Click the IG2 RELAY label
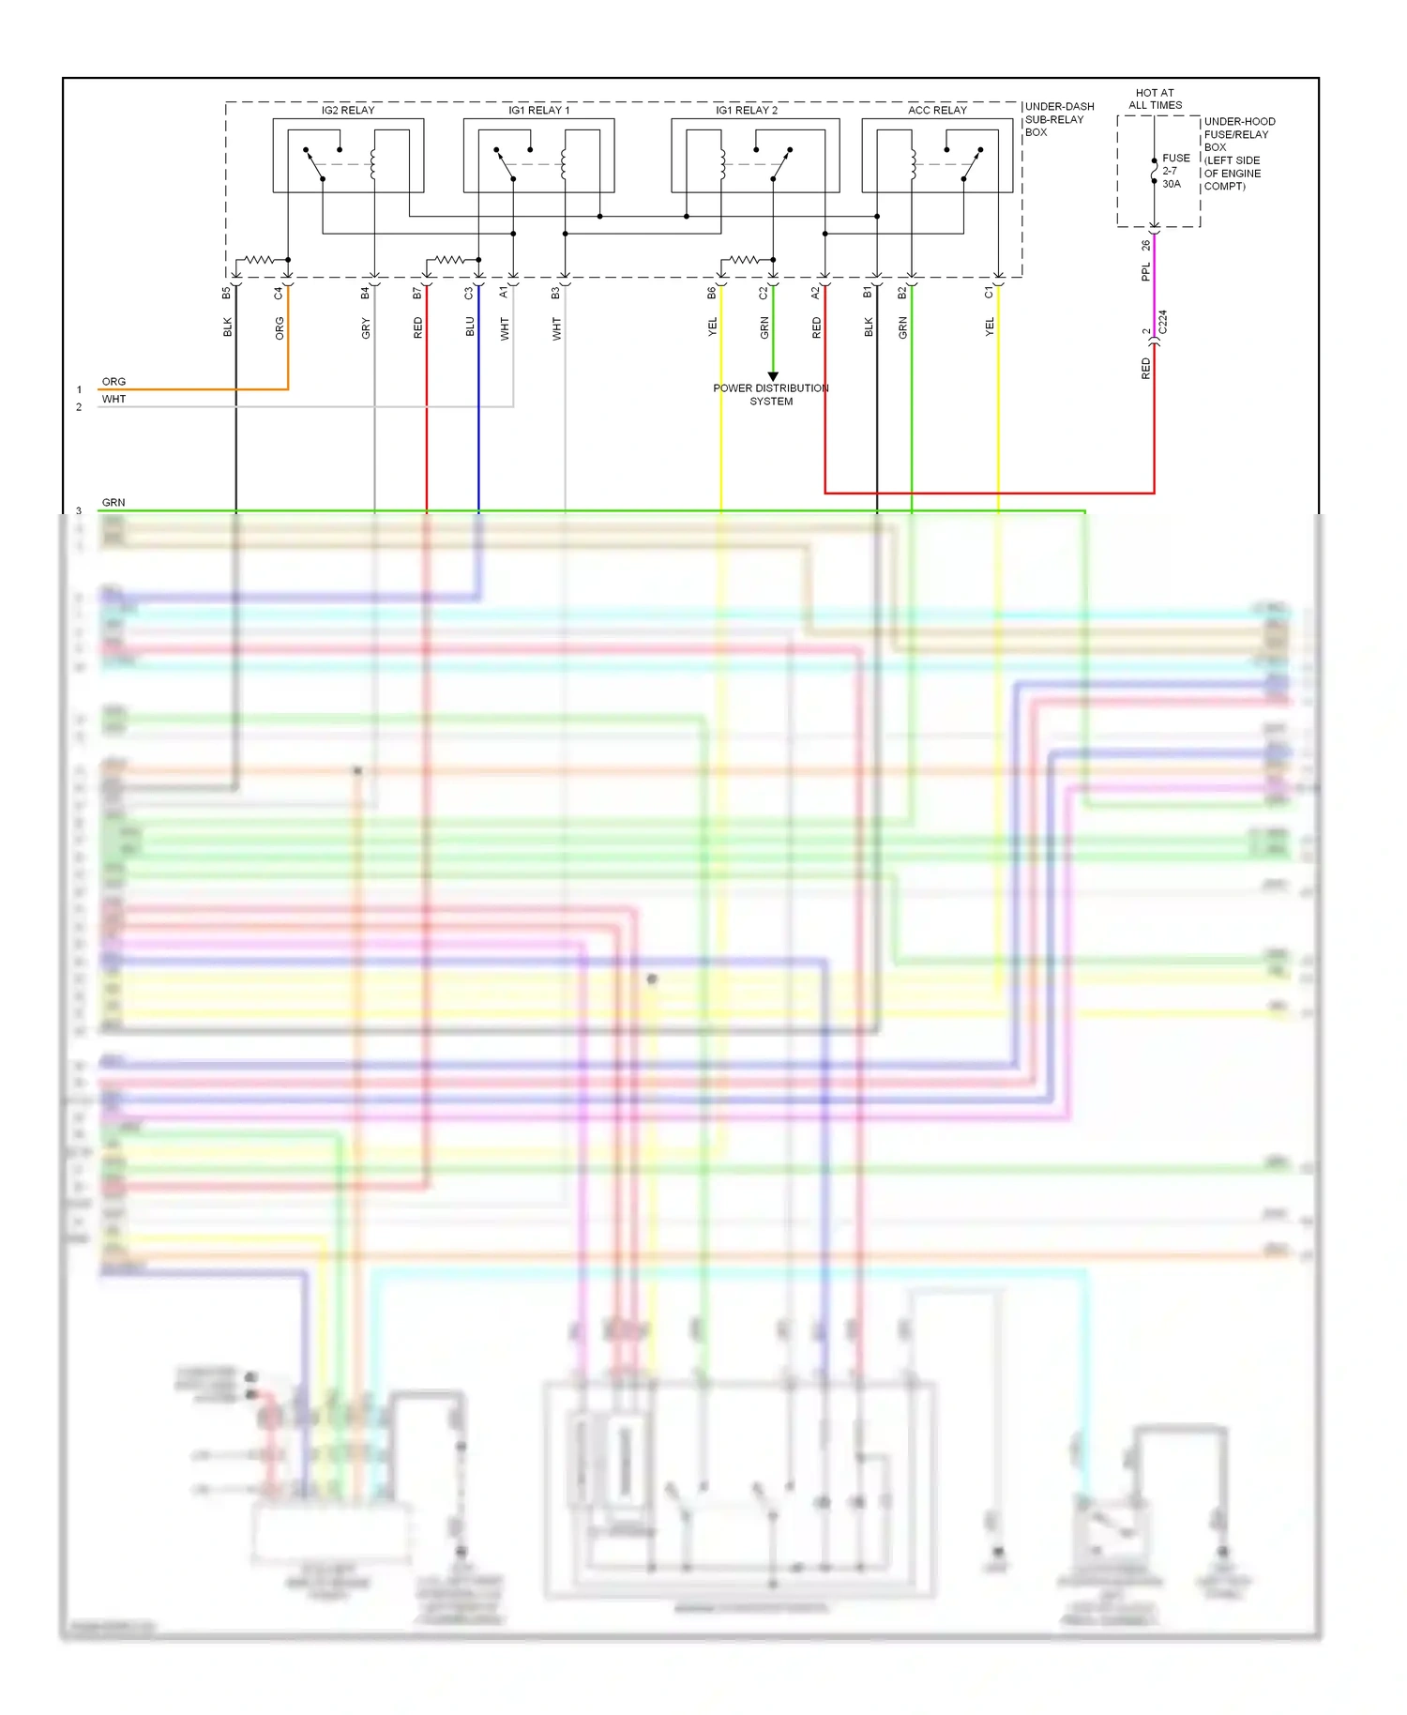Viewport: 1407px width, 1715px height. (x=348, y=111)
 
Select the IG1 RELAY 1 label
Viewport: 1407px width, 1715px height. (x=538, y=111)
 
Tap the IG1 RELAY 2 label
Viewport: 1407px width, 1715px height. (x=747, y=111)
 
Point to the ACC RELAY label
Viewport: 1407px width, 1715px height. (x=937, y=111)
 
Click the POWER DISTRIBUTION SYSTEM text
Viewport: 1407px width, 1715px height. (x=771, y=395)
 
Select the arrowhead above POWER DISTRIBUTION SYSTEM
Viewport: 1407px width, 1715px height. (x=773, y=377)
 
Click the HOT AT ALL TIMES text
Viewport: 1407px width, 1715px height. (x=1155, y=99)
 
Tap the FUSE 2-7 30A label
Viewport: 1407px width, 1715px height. (x=1174, y=172)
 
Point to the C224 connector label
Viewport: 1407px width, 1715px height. (x=1163, y=323)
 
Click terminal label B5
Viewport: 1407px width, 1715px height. (x=226, y=294)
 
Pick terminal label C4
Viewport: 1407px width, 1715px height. (x=279, y=294)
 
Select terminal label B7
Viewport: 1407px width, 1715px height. (x=417, y=294)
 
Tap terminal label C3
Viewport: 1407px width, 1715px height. (x=469, y=294)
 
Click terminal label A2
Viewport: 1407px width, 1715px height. (x=815, y=294)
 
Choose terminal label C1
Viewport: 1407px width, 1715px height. (x=989, y=294)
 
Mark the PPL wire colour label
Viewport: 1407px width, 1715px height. (x=1145, y=273)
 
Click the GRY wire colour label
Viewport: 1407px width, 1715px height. (x=366, y=328)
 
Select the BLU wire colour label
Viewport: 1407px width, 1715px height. (x=470, y=326)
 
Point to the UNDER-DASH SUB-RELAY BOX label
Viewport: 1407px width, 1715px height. (x=1059, y=120)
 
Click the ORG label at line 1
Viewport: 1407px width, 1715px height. (x=113, y=382)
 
